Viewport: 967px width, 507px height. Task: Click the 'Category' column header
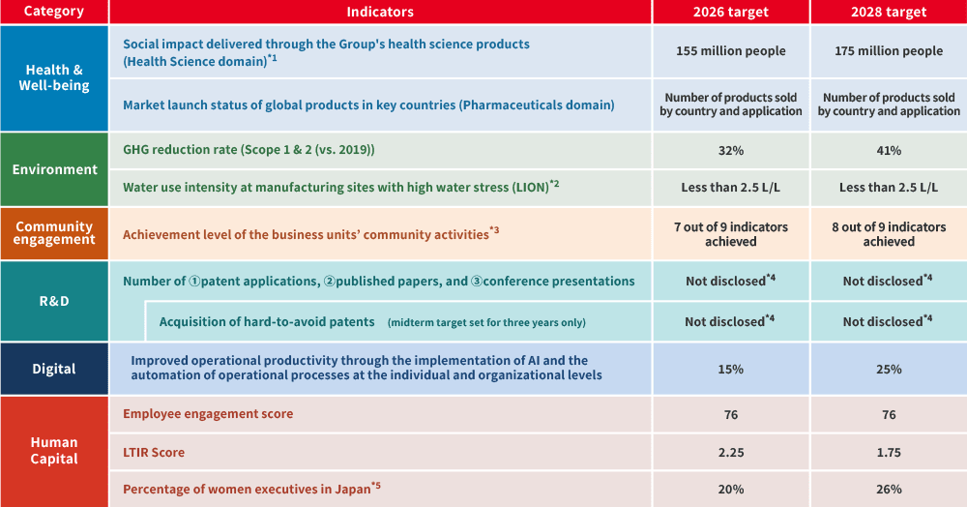(x=54, y=12)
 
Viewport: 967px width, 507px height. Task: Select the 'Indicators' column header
(x=380, y=12)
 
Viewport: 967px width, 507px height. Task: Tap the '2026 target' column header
(x=730, y=12)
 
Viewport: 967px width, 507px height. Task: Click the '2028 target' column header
(x=888, y=12)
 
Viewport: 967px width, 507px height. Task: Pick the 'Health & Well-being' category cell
(x=54, y=77)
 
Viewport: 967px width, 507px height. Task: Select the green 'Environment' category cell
(x=54, y=169)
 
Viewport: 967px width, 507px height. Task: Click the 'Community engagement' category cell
(x=54, y=233)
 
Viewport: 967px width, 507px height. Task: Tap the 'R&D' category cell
(x=54, y=300)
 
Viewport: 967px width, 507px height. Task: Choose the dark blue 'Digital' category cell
(x=54, y=369)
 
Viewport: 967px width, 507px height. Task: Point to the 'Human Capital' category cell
(x=54, y=450)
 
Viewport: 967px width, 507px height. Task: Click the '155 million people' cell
(x=730, y=51)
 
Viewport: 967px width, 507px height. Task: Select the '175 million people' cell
(x=888, y=51)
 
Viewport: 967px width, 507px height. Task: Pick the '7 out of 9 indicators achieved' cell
(x=730, y=234)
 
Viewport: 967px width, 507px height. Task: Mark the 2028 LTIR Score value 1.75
(x=888, y=452)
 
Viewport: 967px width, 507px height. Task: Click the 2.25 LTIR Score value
(x=730, y=452)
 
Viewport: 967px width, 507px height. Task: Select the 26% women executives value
(x=888, y=489)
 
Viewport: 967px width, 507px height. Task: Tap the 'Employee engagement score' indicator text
(x=208, y=414)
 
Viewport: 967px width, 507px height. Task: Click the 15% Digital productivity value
(x=730, y=369)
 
